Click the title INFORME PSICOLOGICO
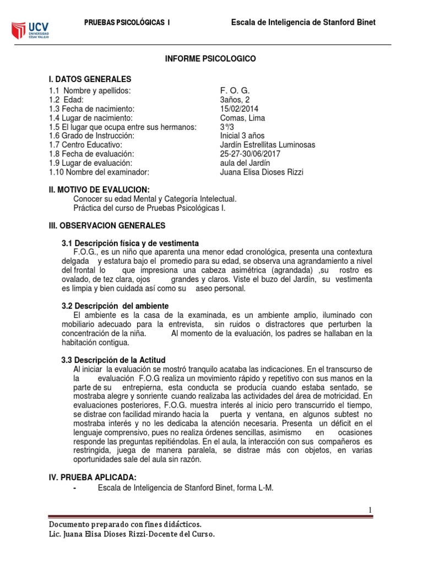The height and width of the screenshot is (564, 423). pos(211,58)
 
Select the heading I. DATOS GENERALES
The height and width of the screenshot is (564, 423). pos(90,79)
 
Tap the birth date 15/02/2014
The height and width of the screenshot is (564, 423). pos(240,109)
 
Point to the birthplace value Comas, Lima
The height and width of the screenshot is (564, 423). pos(242,118)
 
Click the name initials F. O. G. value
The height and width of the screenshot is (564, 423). pos(235,91)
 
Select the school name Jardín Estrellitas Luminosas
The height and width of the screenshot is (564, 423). pos(268,145)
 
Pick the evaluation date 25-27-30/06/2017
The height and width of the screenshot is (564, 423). pos(250,154)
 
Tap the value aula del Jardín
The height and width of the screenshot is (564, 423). pos(244,163)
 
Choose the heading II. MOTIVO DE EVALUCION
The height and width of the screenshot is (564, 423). pos(99,189)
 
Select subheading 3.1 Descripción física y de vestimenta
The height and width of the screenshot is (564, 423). pos(129,243)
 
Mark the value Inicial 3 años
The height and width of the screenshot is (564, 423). pos(242,136)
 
